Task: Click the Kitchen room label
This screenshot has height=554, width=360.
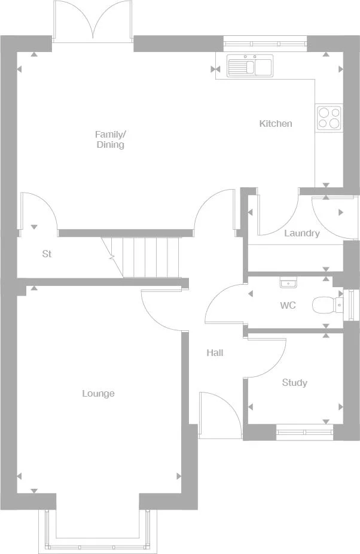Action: point(276,124)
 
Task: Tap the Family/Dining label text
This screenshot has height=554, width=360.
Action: point(111,139)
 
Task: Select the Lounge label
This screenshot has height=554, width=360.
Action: point(98,394)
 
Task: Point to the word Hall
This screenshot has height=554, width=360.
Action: point(215,353)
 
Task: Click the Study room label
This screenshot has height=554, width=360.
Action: point(294,383)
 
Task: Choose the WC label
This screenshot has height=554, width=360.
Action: point(288,306)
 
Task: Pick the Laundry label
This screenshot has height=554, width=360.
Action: point(301,233)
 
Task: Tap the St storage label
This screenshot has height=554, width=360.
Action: point(47,254)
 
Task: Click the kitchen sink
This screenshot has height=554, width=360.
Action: point(249,65)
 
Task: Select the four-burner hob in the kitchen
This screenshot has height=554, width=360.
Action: point(328,117)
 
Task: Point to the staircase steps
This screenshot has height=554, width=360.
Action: point(150,257)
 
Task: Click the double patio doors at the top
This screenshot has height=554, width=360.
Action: point(92,23)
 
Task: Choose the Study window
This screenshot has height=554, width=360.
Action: point(305,428)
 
